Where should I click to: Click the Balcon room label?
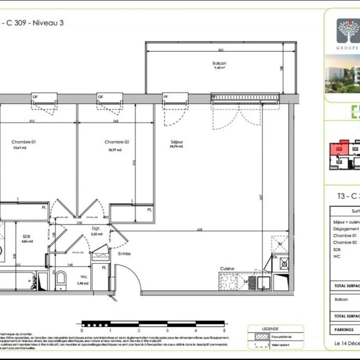[219, 63]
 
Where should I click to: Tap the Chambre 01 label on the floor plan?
[24, 142]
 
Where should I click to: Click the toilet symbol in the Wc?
[61, 278]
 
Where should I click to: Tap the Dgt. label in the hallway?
[96, 228]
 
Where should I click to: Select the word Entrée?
[124, 253]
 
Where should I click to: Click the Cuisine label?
[227, 269]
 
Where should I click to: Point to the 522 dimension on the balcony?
[221, 50]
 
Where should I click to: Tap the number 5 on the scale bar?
[224, 330]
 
